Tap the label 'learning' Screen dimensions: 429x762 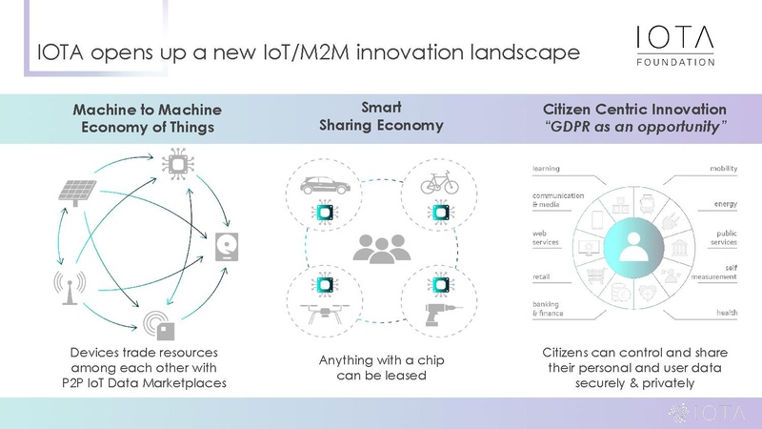pos(546,169)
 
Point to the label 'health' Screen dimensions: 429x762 pos(727,313)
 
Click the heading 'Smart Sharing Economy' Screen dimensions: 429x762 pos(381,116)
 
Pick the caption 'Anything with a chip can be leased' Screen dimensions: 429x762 pos(381,369)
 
